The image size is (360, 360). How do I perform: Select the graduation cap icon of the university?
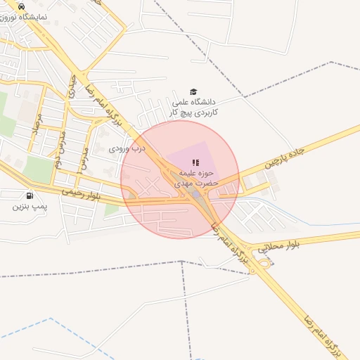point(193,91)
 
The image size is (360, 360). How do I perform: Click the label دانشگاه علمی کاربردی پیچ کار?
point(193,107)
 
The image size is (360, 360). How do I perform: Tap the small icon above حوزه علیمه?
point(195,162)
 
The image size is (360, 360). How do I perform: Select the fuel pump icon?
point(29,196)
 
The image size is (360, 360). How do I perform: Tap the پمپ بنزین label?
point(30,207)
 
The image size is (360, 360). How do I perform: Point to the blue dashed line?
point(42,326)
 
